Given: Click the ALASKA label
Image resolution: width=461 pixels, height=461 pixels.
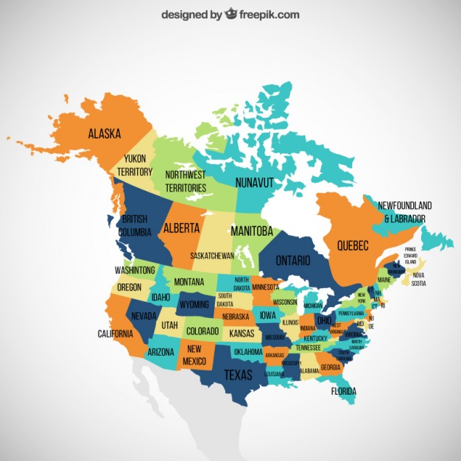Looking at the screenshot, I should pos(105,134).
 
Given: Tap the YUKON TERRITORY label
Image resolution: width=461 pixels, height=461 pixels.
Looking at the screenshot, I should pos(135,165).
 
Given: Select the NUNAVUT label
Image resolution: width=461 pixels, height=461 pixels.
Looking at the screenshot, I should pos(255,181).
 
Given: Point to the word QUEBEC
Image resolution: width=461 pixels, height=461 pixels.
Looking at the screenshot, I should pos(352,245).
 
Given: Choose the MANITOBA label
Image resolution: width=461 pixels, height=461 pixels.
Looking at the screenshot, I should pos(251,230).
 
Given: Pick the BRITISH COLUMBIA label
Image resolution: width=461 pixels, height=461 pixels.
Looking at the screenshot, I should pos(135,225).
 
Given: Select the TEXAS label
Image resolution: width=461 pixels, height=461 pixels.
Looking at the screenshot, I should pos(238,374).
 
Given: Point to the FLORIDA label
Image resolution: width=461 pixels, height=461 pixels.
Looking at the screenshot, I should pos(344,391).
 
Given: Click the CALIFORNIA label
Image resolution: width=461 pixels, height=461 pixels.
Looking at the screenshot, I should pos(116,334).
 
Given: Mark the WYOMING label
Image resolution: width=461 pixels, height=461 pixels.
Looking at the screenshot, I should pos(194,304).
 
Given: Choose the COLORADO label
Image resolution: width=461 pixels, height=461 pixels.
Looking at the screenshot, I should pos(202,331).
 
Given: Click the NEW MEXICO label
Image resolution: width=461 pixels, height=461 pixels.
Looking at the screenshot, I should pos(194,354).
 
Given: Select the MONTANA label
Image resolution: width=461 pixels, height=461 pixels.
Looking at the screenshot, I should pos(189,282).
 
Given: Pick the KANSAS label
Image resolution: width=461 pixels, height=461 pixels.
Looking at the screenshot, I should pos(242,334).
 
